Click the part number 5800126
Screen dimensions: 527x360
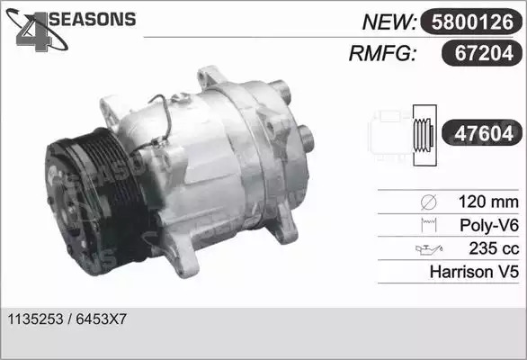click(x=472, y=22)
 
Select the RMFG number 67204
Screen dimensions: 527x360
click(x=484, y=53)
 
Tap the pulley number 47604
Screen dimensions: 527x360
click(x=484, y=133)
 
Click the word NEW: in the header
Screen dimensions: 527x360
click(x=389, y=22)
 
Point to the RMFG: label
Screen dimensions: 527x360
click(x=382, y=53)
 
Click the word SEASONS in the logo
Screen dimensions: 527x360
click(x=93, y=19)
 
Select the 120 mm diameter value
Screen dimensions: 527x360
click(x=488, y=202)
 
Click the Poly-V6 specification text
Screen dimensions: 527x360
click(x=489, y=225)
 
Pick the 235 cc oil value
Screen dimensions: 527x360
click(x=494, y=248)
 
